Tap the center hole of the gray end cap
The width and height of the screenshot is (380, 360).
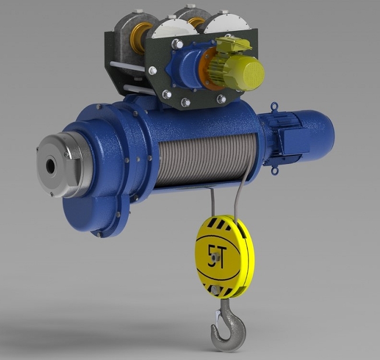point(49,166)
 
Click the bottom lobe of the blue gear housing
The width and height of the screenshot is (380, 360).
point(105,215)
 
